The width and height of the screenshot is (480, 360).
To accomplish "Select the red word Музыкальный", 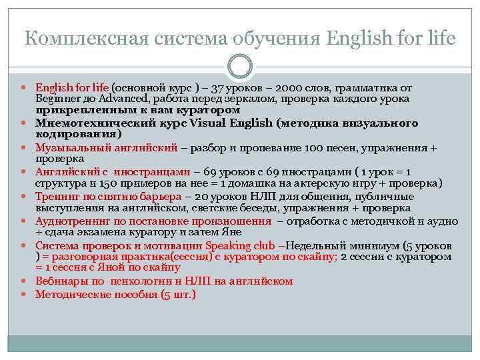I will [x=73, y=147].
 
